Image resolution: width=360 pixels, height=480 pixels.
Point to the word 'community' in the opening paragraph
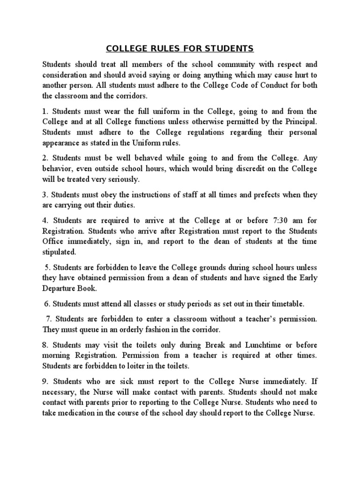tap(232, 64)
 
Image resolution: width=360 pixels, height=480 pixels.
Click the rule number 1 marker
tap(45, 112)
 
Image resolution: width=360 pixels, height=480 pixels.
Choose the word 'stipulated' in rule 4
tap(59, 252)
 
